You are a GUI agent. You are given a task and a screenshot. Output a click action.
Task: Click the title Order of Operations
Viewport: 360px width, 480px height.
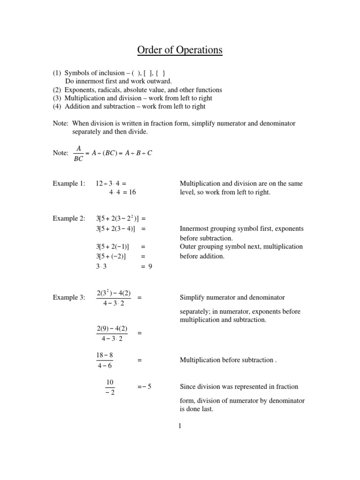[180, 50]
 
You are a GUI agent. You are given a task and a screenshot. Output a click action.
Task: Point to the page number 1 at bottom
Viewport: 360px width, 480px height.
[180, 426]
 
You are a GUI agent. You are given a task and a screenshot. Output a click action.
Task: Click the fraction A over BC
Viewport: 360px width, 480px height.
[78, 153]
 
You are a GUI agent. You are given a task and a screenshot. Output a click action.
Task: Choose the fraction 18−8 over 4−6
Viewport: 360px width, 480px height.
[105, 360]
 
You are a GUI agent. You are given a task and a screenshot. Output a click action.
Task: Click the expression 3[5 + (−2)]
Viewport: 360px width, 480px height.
[112, 256]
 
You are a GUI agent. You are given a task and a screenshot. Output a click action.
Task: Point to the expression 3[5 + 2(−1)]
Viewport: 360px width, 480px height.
[112, 247]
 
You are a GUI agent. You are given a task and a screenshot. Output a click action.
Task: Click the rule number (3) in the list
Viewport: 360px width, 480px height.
[57, 98]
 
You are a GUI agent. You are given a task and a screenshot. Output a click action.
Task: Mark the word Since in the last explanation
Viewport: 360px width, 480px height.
[188, 387]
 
